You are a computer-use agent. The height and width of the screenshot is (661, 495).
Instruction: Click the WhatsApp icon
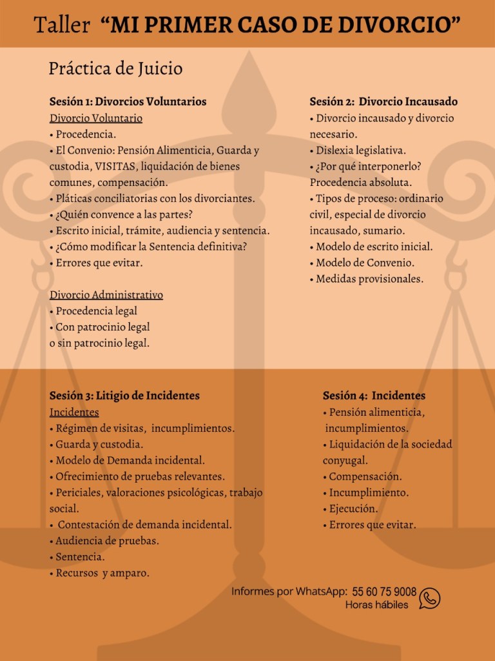tap(429, 598)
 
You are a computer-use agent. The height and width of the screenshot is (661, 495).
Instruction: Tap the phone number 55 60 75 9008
tap(384, 593)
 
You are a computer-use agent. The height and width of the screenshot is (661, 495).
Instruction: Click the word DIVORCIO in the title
tap(404, 25)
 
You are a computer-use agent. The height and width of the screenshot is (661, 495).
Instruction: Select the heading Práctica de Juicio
tap(115, 68)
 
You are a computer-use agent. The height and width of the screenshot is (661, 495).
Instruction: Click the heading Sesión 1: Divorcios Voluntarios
tap(128, 101)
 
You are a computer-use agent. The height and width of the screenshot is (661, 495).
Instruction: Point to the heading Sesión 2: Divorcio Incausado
tap(383, 101)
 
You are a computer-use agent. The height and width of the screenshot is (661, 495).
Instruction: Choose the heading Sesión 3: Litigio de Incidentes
tap(124, 396)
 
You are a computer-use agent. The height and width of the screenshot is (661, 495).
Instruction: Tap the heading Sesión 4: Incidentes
tap(374, 396)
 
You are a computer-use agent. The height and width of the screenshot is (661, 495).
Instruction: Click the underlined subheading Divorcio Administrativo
tap(106, 295)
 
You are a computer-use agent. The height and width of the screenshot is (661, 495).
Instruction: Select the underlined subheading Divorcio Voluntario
tap(96, 118)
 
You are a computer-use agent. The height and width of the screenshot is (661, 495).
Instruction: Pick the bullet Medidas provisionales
tap(369, 279)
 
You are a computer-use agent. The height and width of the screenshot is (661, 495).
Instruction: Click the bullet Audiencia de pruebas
tap(107, 541)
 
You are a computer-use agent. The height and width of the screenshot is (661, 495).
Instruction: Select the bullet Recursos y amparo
tap(102, 573)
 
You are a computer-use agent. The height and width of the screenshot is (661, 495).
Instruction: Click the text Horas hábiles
tap(376, 605)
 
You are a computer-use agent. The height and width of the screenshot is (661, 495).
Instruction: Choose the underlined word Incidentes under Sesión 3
tap(74, 412)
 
